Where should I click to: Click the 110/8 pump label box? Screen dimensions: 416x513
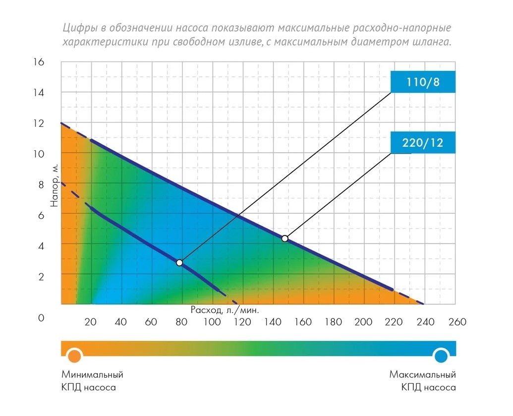(422, 82)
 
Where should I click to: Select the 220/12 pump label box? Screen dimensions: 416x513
(422, 143)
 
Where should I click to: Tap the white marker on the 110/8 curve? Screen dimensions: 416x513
(179, 262)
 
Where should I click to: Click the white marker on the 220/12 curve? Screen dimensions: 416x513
(285, 238)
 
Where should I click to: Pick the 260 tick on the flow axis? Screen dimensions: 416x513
(456, 322)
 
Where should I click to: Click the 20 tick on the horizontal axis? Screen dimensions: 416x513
(91, 322)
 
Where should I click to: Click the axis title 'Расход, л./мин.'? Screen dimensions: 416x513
(225, 309)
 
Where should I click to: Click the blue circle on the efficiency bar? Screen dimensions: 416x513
(441, 355)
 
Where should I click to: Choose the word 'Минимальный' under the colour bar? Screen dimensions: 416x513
(92, 374)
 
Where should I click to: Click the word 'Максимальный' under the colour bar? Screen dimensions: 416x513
(422, 374)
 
